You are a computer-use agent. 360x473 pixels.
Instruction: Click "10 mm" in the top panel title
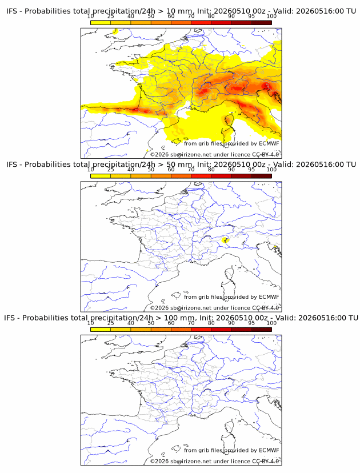[180, 11]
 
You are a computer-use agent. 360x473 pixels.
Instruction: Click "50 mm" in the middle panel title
[180, 165]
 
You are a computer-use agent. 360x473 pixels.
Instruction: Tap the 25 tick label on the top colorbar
[111, 17]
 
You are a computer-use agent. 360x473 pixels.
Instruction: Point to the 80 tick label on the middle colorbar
[211, 170]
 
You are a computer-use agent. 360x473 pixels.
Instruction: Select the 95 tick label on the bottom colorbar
[251, 323]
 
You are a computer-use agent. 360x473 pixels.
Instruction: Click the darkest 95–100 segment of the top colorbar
[262, 23]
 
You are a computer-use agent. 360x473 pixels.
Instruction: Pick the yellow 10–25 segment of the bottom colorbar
[101, 330]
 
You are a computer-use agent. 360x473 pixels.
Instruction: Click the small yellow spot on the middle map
[225, 240]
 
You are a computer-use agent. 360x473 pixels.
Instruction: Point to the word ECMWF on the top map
[269, 143]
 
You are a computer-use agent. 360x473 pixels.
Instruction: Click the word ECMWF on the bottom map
[269, 450]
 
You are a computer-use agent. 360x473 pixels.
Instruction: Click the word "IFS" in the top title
[11, 11]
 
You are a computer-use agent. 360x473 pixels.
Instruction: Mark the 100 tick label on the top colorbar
[271, 17]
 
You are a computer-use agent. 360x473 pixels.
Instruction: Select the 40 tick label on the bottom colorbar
[131, 323]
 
